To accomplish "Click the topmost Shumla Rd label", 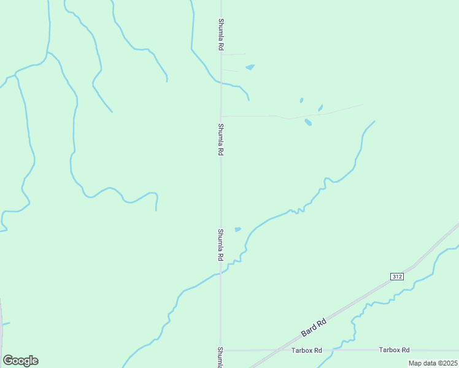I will pyautogui.click(x=220, y=34).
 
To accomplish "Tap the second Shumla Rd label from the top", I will pyautogui.click(x=220, y=139).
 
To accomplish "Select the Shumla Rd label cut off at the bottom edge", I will pyautogui.click(x=220, y=357).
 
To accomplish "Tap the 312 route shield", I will pyautogui.click(x=396, y=277).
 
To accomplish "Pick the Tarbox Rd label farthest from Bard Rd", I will pyautogui.click(x=394, y=350).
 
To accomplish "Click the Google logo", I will pyautogui.click(x=20, y=361).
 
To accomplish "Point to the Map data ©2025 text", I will pyautogui.click(x=433, y=363).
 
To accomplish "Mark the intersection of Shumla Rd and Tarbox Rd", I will pyautogui.click(x=221, y=350).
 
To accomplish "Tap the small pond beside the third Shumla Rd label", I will pyautogui.click(x=237, y=229).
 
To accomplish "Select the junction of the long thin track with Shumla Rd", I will pyautogui.click(x=221, y=115).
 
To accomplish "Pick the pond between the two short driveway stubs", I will pyautogui.click(x=250, y=67).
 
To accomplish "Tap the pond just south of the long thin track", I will pyautogui.click(x=308, y=122).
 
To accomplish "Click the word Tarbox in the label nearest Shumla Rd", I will pyautogui.click(x=302, y=350).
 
